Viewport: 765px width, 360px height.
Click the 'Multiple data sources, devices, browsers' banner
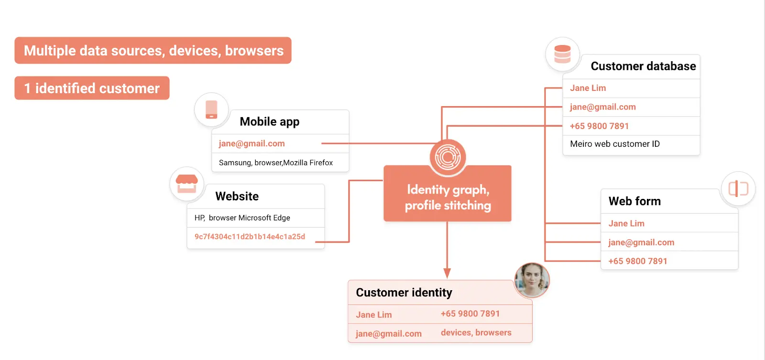coord(153,50)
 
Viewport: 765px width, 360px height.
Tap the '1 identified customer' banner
coord(92,88)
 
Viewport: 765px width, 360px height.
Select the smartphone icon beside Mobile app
coord(211,109)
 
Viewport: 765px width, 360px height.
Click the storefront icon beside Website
coord(186,184)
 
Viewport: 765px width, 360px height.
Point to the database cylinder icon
coord(562,54)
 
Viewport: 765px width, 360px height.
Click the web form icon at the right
coord(738,188)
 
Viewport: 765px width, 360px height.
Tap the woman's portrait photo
coord(532,280)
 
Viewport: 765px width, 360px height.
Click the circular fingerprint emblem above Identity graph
coord(448,157)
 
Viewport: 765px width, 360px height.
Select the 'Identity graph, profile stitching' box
coord(448,197)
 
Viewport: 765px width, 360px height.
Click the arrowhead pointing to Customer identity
coord(447,273)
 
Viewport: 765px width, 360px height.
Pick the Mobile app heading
coord(270,121)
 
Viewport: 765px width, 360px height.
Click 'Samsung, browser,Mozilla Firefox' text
coord(276,163)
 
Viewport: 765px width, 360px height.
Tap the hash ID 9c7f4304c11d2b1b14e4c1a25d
coord(250,237)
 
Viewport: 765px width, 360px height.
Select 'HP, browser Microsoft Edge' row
coord(242,218)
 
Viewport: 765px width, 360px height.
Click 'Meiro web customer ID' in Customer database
coord(615,144)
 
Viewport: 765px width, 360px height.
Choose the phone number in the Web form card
coord(638,261)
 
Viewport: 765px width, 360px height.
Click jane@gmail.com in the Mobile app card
coord(252,143)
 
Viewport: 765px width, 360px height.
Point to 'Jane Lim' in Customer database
coord(588,88)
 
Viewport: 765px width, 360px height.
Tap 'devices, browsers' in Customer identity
coord(476,333)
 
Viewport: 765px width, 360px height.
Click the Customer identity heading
coord(404,293)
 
